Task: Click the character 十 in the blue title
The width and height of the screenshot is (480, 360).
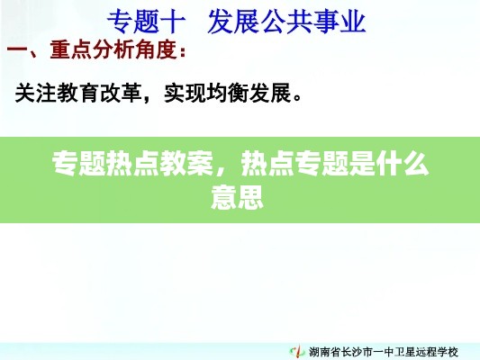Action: [173, 22]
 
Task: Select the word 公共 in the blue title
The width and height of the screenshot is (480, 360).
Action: [286, 22]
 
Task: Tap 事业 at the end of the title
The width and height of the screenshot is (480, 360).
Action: [340, 22]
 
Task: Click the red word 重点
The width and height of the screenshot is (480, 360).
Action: [71, 49]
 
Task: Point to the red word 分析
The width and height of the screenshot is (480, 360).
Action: [113, 49]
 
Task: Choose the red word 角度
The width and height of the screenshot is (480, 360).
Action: [156, 49]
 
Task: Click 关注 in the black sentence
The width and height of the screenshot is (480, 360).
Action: [36, 93]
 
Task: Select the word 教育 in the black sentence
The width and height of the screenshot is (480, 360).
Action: [78, 93]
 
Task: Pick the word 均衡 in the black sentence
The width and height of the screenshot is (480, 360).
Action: [228, 93]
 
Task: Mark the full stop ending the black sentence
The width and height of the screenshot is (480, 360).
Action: [297, 98]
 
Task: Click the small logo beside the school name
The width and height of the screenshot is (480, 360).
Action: [297, 351]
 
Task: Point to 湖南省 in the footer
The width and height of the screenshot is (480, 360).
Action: [324, 352]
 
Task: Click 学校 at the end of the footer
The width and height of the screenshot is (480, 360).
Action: [448, 352]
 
